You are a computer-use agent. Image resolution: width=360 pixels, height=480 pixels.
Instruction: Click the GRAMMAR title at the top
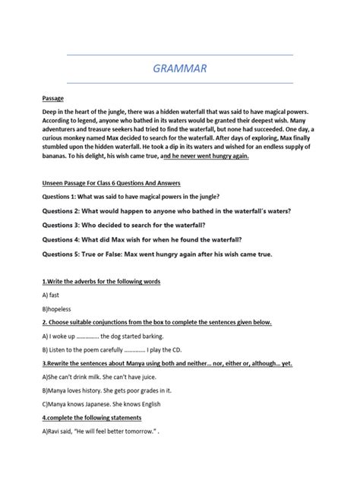179,69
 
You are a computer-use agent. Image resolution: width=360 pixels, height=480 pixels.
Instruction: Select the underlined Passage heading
53,99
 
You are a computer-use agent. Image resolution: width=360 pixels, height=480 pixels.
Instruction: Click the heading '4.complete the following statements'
92,418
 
